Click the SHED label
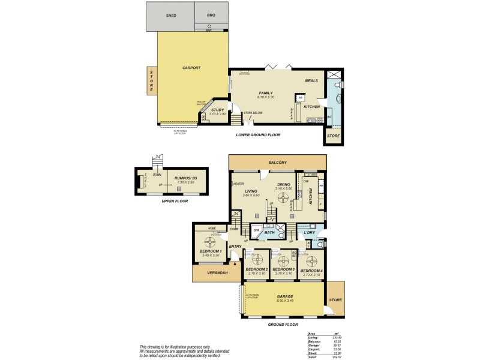(x=170, y=16)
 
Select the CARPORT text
(x=191, y=68)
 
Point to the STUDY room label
(x=218, y=110)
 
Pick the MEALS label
(x=311, y=80)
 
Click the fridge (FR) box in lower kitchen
(x=301, y=97)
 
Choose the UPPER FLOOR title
(x=175, y=201)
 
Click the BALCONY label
(x=277, y=163)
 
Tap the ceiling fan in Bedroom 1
(x=210, y=242)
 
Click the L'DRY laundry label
(x=310, y=232)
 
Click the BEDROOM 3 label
(x=283, y=269)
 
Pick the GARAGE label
(x=284, y=297)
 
